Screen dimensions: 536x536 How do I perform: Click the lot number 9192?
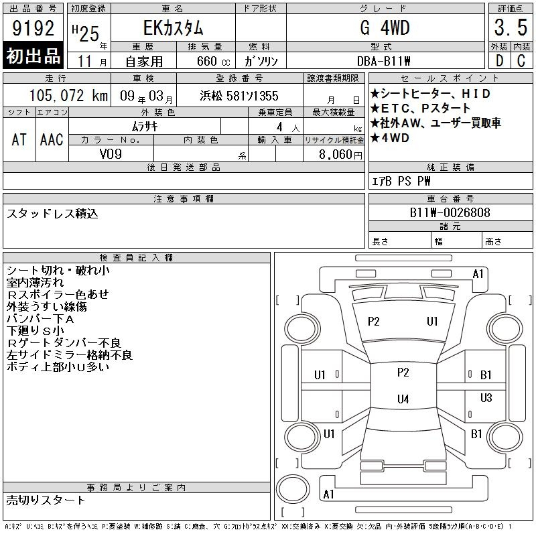pyautogui.click(x=33, y=28)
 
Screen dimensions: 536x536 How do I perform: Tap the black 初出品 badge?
pyautogui.click(x=33, y=55)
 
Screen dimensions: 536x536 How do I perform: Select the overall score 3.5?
pyautogui.click(x=511, y=27)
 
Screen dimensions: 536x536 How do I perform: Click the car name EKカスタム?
pyautogui.click(x=173, y=28)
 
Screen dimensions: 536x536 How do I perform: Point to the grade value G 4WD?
pyautogui.click(x=385, y=27)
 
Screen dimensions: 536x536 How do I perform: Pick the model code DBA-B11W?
pyautogui.click(x=383, y=61)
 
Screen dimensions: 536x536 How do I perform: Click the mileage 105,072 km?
pyautogui.click(x=68, y=96)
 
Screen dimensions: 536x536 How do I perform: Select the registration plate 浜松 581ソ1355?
pyautogui.click(x=239, y=96)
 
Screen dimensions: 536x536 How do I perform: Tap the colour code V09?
pyautogui.click(x=111, y=154)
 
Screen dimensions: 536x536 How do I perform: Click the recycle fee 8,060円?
pyautogui.click(x=340, y=155)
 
